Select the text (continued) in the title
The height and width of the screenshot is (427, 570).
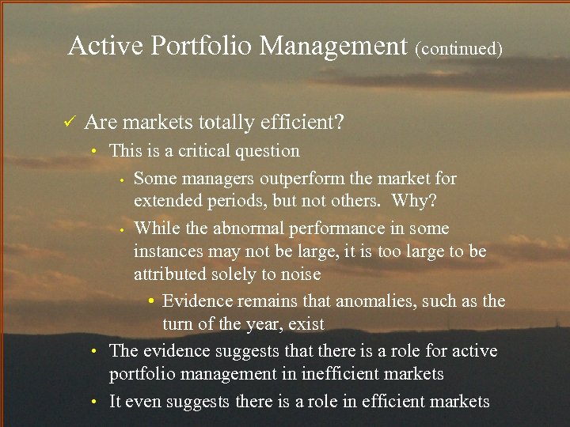coord(458,49)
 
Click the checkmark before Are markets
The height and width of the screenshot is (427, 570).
coord(70,123)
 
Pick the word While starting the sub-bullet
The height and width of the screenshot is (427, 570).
coord(157,229)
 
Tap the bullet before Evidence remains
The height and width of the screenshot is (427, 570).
coord(151,300)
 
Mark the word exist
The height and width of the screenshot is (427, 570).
coord(306,324)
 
